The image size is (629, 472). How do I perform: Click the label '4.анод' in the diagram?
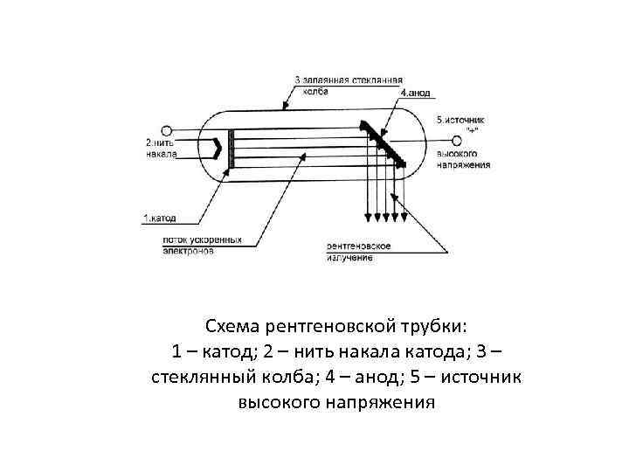pyautogui.click(x=414, y=92)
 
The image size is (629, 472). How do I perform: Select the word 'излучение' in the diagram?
pyautogui.click(x=350, y=257)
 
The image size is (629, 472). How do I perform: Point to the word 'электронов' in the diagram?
pyautogui.click(x=188, y=250)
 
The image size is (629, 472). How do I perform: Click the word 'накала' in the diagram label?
pyautogui.click(x=162, y=154)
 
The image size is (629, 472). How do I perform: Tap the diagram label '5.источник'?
pyautogui.click(x=460, y=119)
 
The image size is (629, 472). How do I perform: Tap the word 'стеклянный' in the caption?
pyautogui.click(x=202, y=378)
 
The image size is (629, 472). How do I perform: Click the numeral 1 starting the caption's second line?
pyautogui.click(x=177, y=352)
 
